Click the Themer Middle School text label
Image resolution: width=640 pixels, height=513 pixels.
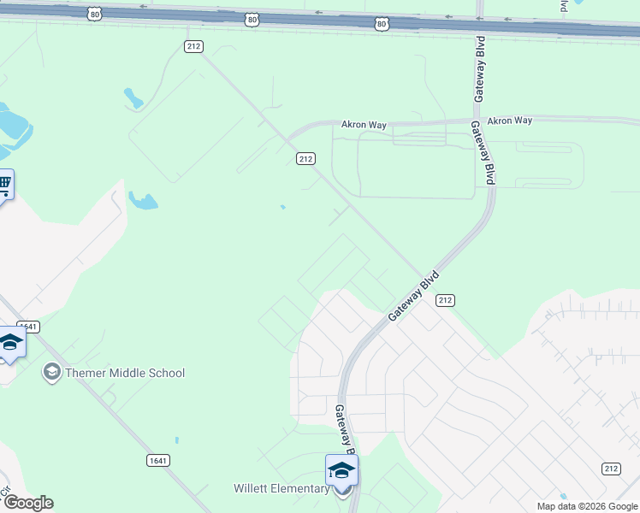[x=125, y=373]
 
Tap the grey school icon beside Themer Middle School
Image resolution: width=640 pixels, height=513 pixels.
[x=51, y=373]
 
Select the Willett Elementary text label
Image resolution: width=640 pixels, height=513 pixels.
[x=281, y=489]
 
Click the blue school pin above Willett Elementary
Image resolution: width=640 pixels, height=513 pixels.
[x=341, y=471]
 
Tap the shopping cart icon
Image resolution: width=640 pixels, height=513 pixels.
[x=4, y=183]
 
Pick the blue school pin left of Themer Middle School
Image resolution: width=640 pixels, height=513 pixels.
[x=10, y=343]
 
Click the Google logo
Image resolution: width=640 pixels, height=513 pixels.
[x=28, y=503]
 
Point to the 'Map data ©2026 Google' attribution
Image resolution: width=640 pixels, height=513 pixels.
[x=588, y=506]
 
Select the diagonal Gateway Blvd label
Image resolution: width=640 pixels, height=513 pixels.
[x=413, y=296]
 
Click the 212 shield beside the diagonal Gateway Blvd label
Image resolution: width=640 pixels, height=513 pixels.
[x=444, y=300]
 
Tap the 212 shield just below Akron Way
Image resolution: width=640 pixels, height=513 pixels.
[x=306, y=158]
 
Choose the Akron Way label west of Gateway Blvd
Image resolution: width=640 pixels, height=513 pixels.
[x=364, y=125]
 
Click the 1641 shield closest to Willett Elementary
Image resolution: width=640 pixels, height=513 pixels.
[x=157, y=460]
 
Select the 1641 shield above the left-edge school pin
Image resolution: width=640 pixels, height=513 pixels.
[x=28, y=327]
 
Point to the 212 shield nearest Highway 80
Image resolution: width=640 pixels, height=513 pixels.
[x=193, y=45]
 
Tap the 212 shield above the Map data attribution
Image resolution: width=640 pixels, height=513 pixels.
[x=610, y=468]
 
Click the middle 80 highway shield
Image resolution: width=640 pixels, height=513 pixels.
[x=251, y=19]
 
